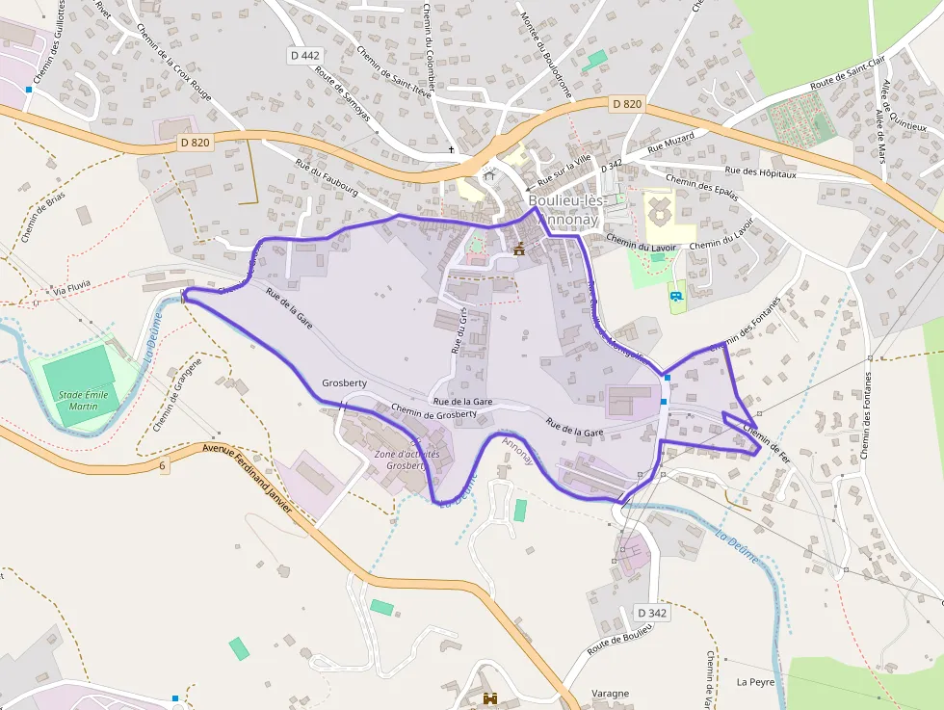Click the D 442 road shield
[304, 56]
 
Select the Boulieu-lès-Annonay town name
[567, 210]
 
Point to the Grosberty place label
[344, 382]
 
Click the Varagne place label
[610, 694]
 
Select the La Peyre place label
[755, 682]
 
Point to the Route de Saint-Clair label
[848, 72]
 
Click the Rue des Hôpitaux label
[761, 171]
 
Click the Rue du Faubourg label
[328, 180]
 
